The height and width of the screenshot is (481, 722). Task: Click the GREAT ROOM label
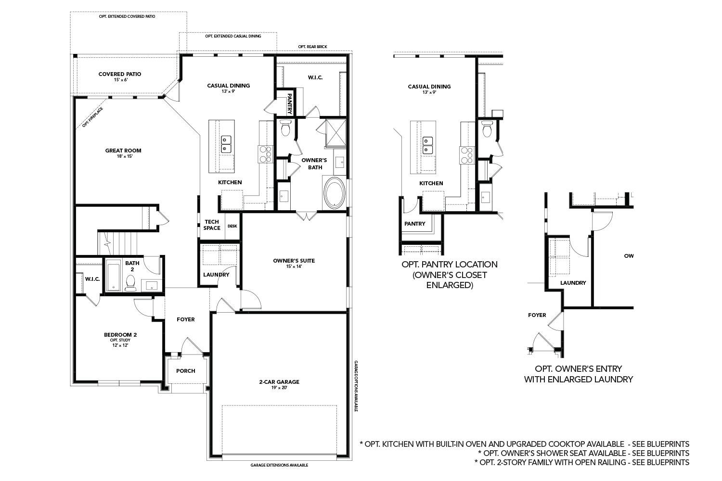[123, 151]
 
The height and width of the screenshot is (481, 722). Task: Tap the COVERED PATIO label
[120, 74]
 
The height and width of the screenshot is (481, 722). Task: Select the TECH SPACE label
[212, 225]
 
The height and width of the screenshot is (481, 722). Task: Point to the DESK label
[232, 226]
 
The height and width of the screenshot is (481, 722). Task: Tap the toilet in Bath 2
[130, 283]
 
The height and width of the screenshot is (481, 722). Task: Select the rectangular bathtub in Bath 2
[113, 276]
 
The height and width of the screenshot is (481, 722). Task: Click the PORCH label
[185, 371]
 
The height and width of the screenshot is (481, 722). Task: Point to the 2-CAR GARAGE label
[279, 382]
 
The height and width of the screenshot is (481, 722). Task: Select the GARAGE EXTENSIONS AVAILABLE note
[279, 465]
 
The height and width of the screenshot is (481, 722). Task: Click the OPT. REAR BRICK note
[312, 47]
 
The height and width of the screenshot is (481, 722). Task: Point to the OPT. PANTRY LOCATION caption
[449, 265]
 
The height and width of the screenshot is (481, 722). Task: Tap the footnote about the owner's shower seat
[583, 453]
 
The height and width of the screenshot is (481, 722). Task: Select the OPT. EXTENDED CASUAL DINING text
[233, 36]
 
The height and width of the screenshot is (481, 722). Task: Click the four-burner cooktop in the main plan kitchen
[265, 153]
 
